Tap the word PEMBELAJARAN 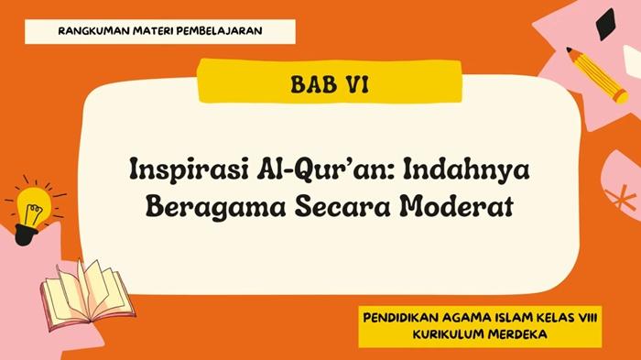coord(222,30)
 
